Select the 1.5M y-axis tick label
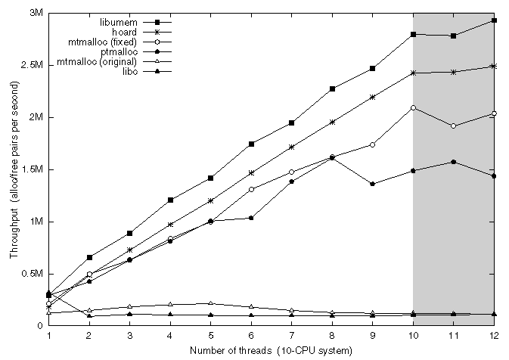(32, 169)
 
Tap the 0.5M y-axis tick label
(32, 274)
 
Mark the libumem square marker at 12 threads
(494, 20)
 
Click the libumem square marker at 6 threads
(251, 144)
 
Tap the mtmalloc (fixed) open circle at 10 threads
(413, 108)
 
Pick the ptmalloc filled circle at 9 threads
(372, 184)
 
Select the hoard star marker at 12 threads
(494, 67)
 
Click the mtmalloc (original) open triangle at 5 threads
(210, 303)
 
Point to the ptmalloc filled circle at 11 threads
(453, 162)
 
